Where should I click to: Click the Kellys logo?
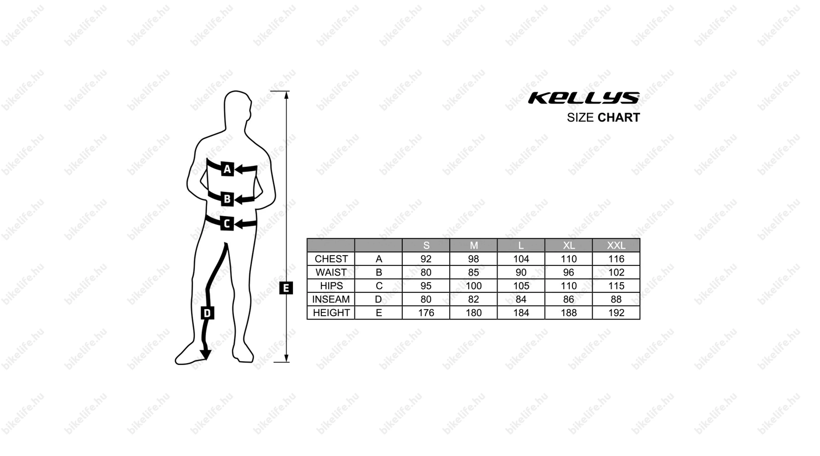pos(584,98)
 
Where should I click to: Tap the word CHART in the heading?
pos(619,118)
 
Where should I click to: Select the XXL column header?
pos(616,245)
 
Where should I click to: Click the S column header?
pos(426,245)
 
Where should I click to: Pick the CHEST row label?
pos(331,259)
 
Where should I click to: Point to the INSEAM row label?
pos(331,299)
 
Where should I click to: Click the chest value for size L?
pos(521,259)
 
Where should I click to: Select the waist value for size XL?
pos(569,272)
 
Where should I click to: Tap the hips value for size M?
pos(474,286)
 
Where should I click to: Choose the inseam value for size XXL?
pos(616,299)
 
